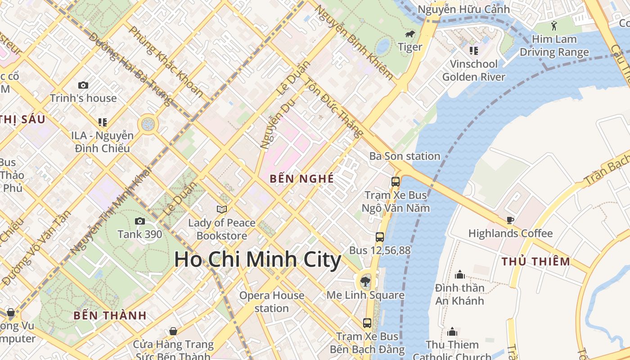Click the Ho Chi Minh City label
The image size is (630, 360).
[x=257, y=260]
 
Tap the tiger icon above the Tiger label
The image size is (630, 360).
[x=409, y=34]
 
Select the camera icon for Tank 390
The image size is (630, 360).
[x=140, y=221]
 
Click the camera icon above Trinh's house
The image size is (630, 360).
[x=83, y=85]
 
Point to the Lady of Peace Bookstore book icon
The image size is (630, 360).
[x=221, y=209]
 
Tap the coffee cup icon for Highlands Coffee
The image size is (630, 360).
[x=510, y=220]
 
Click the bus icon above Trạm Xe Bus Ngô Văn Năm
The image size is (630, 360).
[x=396, y=182]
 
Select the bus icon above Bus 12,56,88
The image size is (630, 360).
[x=380, y=237]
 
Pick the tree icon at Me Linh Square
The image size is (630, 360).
[x=365, y=282]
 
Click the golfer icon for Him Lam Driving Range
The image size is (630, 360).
[x=554, y=26]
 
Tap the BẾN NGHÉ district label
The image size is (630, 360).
[x=302, y=179]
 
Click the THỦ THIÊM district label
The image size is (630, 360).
[x=535, y=261]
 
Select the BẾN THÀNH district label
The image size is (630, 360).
[x=110, y=315]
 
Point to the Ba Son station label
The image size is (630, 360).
[x=405, y=156]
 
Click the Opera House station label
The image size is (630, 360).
[x=272, y=302]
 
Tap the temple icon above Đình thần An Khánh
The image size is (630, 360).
[x=459, y=274]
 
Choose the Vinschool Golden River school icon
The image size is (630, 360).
[x=473, y=51]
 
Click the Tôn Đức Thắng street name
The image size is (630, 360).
[x=334, y=108]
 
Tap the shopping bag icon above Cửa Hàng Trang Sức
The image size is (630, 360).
[x=173, y=332]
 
